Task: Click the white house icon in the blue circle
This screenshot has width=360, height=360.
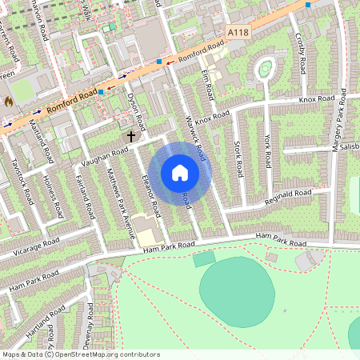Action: [x=180, y=172]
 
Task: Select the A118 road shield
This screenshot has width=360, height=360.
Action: [x=237, y=32]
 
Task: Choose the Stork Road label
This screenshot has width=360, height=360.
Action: [x=238, y=159]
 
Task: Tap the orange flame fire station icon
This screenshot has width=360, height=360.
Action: [x=8, y=102]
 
